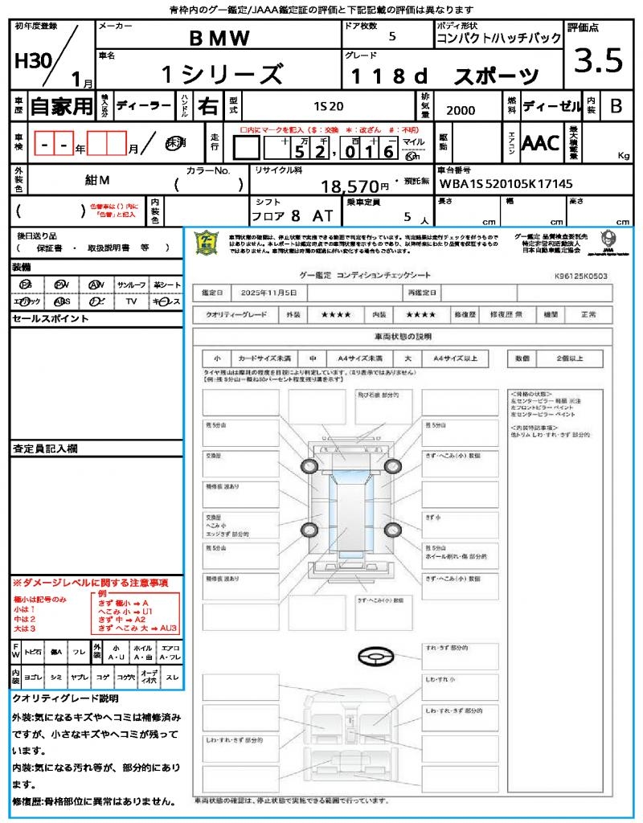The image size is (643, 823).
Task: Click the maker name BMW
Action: (219, 38)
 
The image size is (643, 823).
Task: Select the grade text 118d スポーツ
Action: (444, 76)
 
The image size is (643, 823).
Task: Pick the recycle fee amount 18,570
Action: (350, 186)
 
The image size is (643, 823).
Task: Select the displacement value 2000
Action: (460, 110)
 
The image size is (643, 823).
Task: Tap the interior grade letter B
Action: (616, 106)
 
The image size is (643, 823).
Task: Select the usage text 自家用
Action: (62, 106)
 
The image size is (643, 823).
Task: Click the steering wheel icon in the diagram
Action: (375, 657)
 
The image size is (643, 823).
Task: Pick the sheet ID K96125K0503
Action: (580, 276)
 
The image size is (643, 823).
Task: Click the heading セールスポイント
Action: (50, 319)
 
